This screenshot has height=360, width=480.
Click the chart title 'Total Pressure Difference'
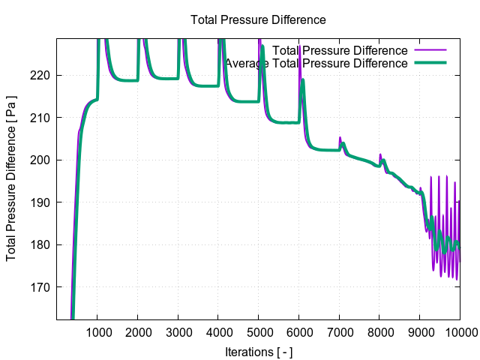click(258, 19)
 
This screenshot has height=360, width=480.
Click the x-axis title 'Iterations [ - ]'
click(258, 351)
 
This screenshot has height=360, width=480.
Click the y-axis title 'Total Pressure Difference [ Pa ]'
click(12, 180)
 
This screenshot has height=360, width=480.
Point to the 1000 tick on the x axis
click(97, 332)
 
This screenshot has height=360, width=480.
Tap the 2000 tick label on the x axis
click(138, 332)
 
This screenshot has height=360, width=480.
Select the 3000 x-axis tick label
click(178, 332)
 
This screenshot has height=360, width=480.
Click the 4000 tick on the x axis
click(218, 332)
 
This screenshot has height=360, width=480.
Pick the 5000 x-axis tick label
click(259, 332)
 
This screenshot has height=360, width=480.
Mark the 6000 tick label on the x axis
click(298, 332)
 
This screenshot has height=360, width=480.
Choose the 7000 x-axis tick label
click(339, 332)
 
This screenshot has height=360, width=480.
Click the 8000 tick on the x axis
click(379, 332)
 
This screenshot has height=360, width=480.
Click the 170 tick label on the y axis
click(40, 287)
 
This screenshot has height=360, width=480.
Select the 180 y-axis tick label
click(40, 244)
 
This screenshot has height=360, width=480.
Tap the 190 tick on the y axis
click(40, 202)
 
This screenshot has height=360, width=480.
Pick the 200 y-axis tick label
click(40, 160)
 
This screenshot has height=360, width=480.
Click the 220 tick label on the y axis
click(40, 75)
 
